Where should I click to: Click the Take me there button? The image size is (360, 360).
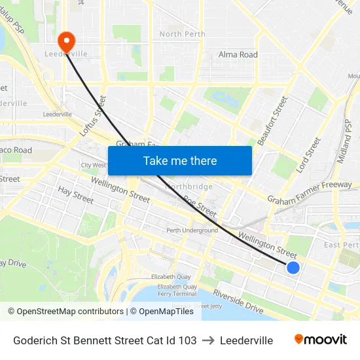[x=179, y=160]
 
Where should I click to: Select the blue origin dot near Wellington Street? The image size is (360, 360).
[x=293, y=267]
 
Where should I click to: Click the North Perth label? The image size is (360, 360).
[x=182, y=34]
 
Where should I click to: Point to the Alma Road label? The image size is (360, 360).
[x=238, y=55]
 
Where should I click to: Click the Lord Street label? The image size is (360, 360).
[x=308, y=155]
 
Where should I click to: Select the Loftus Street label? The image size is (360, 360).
[x=93, y=116]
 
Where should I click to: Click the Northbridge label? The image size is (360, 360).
[x=189, y=187]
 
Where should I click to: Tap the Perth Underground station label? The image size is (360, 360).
[x=192, y=230]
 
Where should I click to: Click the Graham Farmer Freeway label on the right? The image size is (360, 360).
[x=310, y=192]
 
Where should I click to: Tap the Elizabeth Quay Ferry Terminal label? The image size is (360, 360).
[x=177, y=290]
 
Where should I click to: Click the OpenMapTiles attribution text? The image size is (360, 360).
[x=166, y=312]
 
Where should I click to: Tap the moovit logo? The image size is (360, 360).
[x=321, y=340]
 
